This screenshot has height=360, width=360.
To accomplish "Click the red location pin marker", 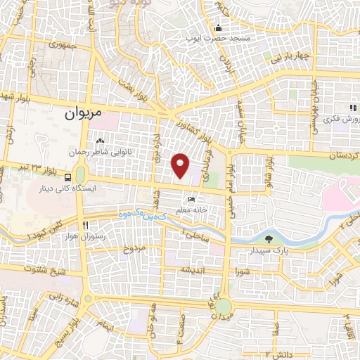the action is click(x=181, y=166).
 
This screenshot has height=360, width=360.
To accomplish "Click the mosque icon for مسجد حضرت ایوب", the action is click(x=218, y=29).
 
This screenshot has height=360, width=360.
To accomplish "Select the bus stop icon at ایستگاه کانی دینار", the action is click(x=67, y=178).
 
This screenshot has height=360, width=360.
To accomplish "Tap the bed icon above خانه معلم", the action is click(x=193, y=199).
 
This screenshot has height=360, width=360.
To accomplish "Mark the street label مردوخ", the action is click(x=134, y=249).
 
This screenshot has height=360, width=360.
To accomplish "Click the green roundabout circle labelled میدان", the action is click(x=223, y=307).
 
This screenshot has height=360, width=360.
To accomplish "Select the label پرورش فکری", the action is click(x=336, y=120).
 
